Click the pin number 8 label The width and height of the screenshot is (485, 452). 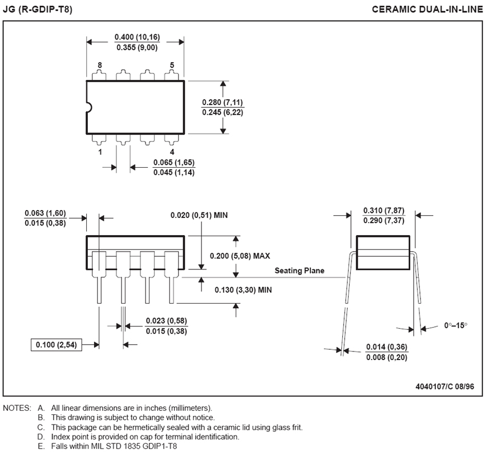100,66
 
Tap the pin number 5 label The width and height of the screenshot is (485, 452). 172,66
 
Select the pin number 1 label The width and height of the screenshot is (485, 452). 100,152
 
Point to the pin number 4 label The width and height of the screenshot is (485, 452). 172,152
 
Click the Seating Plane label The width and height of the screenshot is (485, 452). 300,271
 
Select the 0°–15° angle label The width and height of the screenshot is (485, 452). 455,325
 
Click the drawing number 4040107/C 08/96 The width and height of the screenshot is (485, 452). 444,386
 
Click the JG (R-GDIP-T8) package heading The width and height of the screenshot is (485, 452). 38,10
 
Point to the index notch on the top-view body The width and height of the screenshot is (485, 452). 88,107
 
